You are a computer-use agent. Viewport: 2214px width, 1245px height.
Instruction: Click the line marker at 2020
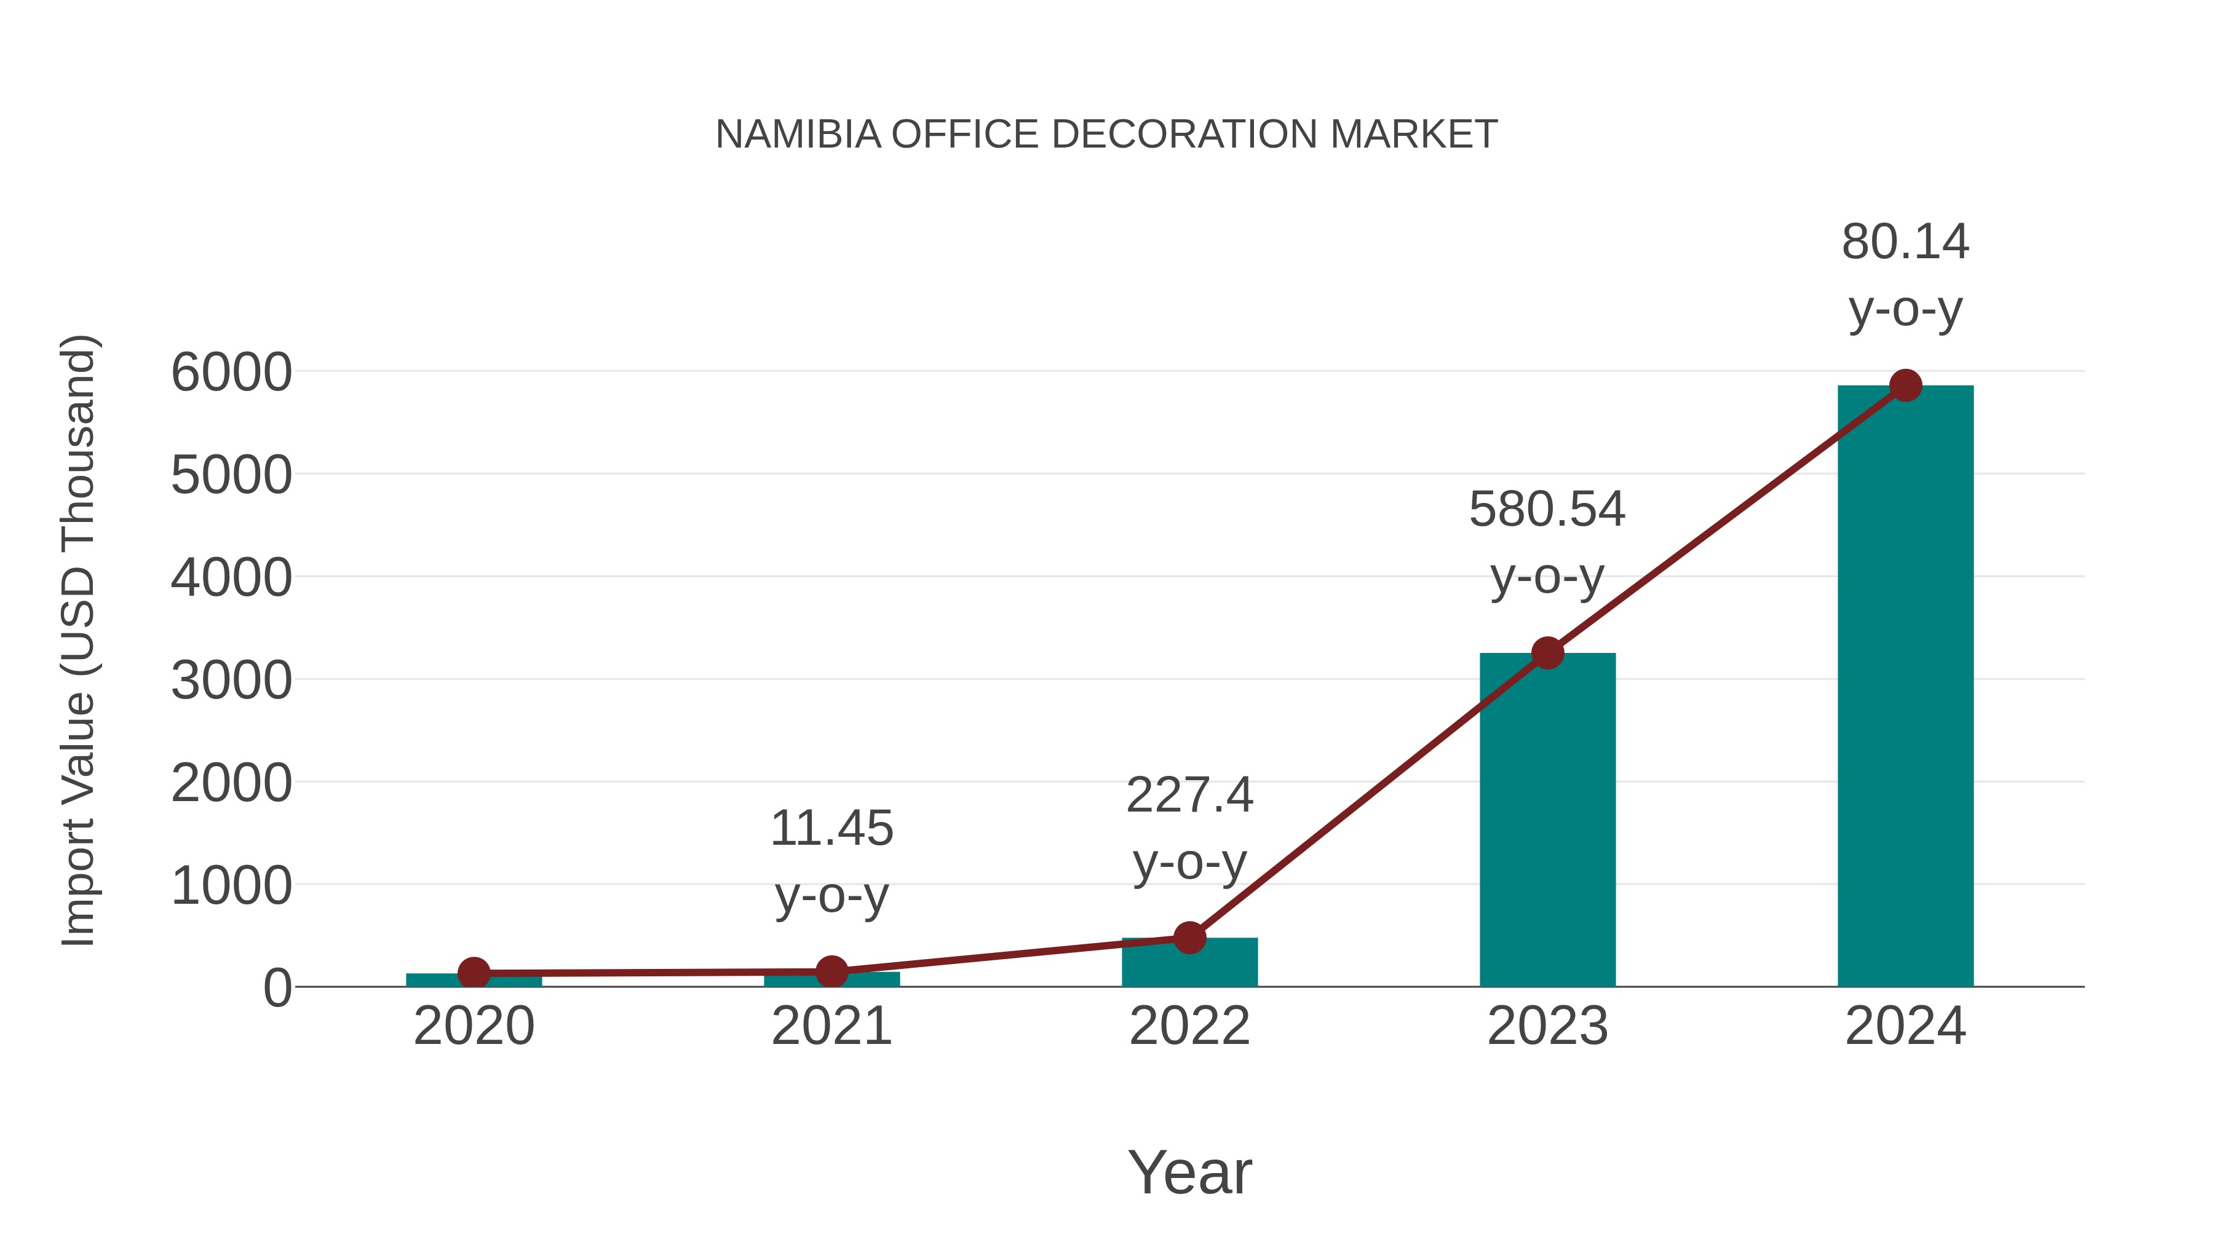pyautogui.click(x=474, y=973)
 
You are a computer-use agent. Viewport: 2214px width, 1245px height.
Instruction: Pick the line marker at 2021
pyautogui.click(x=831, y=972)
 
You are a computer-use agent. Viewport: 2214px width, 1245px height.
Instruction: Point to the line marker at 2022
pyautogui.click(x=1189, y=938)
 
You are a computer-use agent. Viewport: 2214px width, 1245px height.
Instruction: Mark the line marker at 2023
pyautogui.click(x=1547, y=653)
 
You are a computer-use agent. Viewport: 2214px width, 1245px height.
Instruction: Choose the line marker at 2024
pyautogui.click(x=1905, y=385)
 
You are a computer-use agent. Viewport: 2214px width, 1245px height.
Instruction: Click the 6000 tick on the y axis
pyautogui.click(x=231, y=373)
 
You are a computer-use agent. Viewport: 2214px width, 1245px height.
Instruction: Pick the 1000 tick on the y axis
pyautogui.click(x=231, y=886)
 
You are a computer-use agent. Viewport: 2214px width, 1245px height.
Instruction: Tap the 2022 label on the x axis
pyautogui.click(x=1189, y=1026)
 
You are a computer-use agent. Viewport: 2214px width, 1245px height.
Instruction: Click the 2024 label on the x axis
pyautogui.click(x=1905, y=1026)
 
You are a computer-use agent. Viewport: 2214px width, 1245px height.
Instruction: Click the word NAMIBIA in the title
pyautogui.click(x=798, y=135)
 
